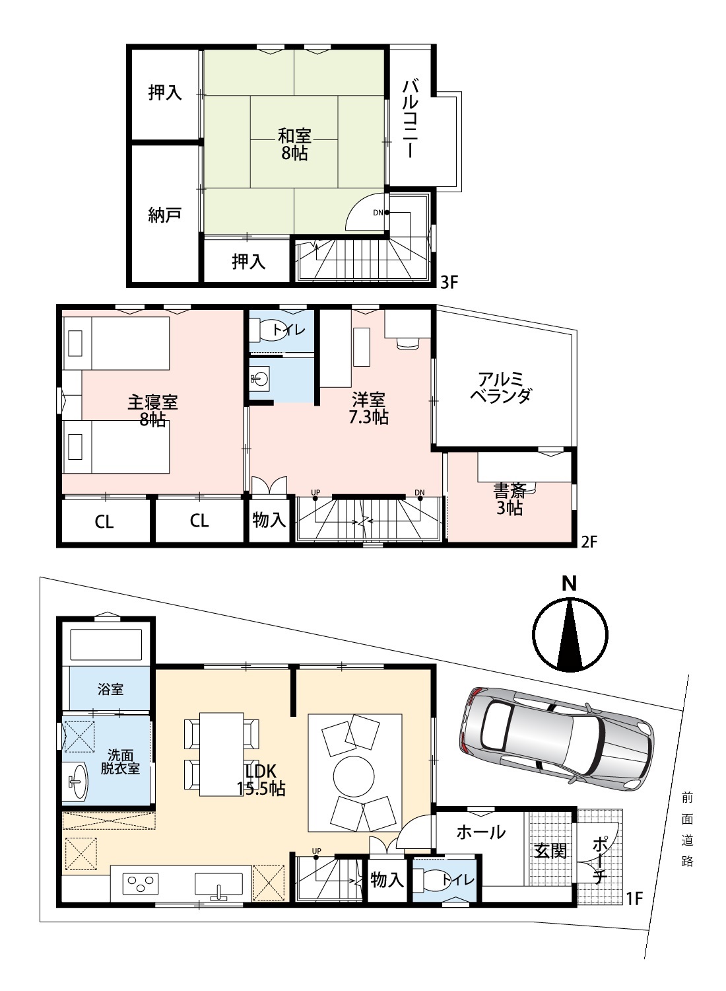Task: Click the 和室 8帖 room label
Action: click(x=294, y=144)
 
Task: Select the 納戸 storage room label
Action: click(x=164, y=215)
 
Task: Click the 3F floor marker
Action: click(x=449, y=282)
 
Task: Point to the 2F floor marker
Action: click(x=589, y=542)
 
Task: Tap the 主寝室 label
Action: click(x=152, y=402)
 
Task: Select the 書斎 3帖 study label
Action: click(x=510, y=499)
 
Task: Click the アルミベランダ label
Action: click(x=501, y=387)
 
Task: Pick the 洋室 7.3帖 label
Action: click(x=368, y=409)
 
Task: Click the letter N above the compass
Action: click(x=570, y=583)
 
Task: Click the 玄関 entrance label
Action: click(x=550, y=851)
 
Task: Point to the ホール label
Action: click(x=480, y=832)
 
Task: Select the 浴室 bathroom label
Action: click(x=110, y=689)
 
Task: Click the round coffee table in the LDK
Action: click(x=354, y=776)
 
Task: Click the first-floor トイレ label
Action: click(x=457, y=879)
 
